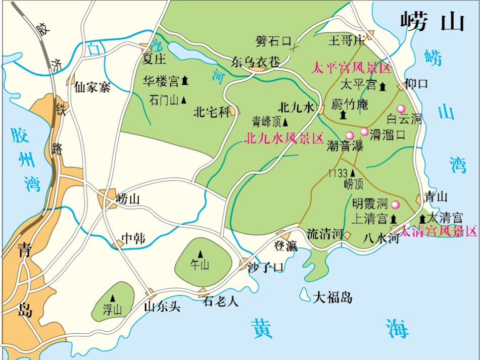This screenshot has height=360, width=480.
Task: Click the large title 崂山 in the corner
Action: pyautogui.click(x=432, y=23)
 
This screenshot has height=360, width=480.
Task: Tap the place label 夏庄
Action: pyautogui.click(x=154, y=60)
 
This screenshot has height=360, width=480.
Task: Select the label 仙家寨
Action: pyautogui.click(x=92, y=87)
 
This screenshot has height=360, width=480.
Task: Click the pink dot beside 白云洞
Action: pyautogui.click(x=402, y=109)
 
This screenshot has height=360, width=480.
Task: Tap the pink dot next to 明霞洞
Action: pyautogui.click(x=396, y=204)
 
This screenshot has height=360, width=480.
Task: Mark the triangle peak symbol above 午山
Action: pyautogui.click(x=200, y=253)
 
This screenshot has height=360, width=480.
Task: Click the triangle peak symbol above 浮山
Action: pyautogui.click(x=113, y=298)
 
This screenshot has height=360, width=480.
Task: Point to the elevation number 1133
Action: pyautogui.click(x=338, y=173)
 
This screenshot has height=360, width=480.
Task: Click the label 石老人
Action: pyautogui.click(x=221, y=302)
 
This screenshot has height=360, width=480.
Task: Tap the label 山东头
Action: pyautogui.click(x=162, y=306)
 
